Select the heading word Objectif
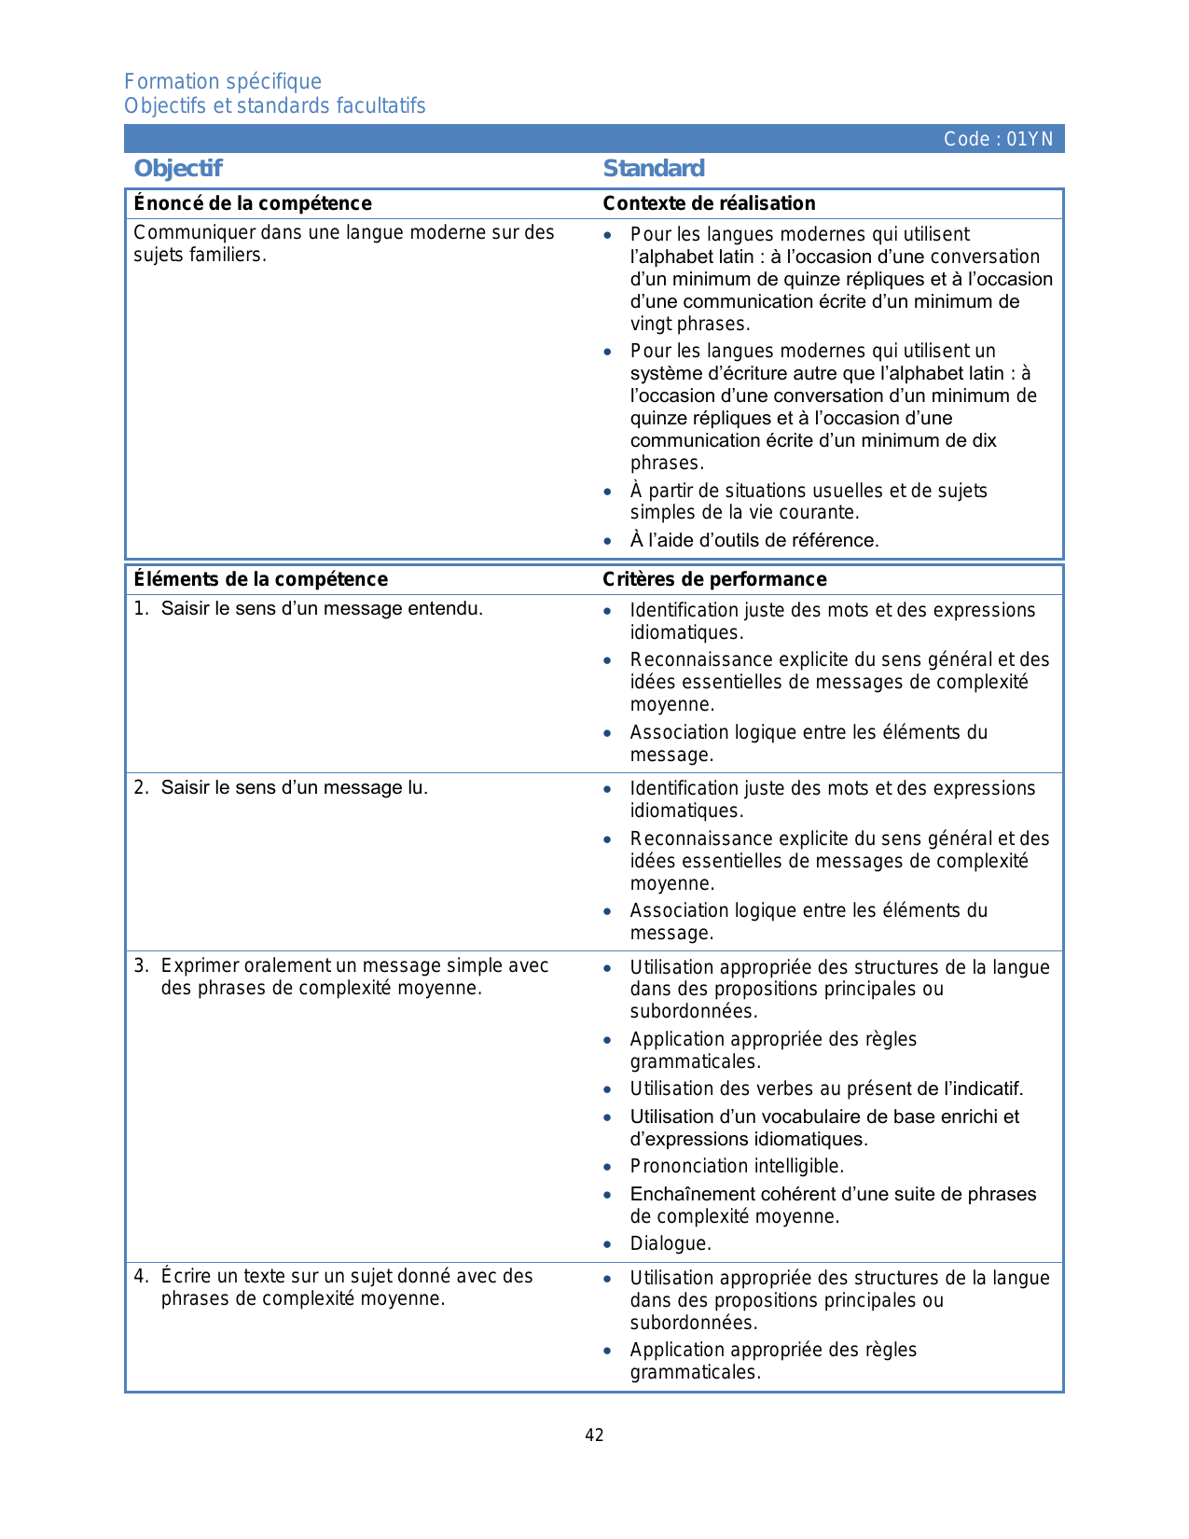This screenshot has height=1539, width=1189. pyautogui.click(x=178, y=168)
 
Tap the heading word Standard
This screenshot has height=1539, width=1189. pyautogui.click(x=653, y=168)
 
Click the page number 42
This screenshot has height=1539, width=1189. pyautogui.click(x=594, y=1435)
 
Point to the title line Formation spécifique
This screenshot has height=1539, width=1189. pyautogui.click(x=223, y=81)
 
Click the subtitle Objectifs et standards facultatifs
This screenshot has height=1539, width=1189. pyautogui.click(x=275, y=105)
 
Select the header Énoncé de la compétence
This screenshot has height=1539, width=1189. pyautogui.click(x=253, y=203)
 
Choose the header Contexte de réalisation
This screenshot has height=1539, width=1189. pyautogui.click(x=709, y=203)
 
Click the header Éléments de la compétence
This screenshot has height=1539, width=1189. pyautogui.click(x=261, y=579)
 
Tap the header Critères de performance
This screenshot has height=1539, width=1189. pyautogui.click(x=714, y=579)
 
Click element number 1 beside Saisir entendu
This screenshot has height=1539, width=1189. pyautogui.click(x=139, y=609)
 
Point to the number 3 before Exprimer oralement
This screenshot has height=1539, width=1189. pyautogui.click(x=139, y=965)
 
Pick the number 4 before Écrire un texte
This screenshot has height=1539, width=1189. pyautogui.click(x=139, y=1276)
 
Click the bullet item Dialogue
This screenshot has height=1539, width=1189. pyautogui.click(x=671, y=1243)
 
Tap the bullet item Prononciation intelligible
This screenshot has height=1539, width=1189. pyautogui.click(x=737, y=1166)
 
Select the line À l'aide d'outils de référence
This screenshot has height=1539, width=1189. pyautogui.click(x=754, y=540)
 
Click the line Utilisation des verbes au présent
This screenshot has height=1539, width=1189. pyautogui.click(x=826, y=1088)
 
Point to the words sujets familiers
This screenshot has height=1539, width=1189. pyautogui.click(x=200, y=255)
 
